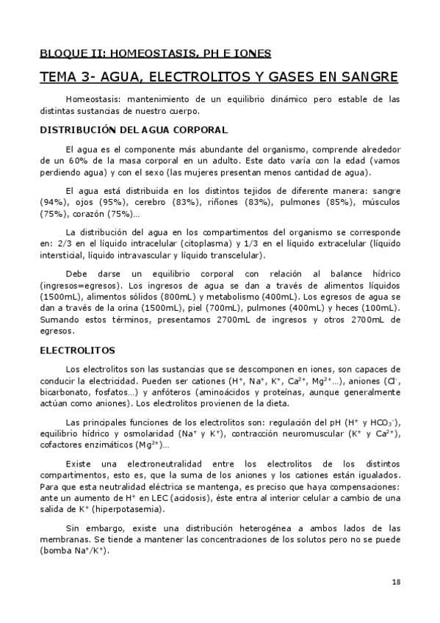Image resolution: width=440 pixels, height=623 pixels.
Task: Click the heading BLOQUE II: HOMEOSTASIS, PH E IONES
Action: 155,53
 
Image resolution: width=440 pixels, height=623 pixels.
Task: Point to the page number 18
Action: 396,582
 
